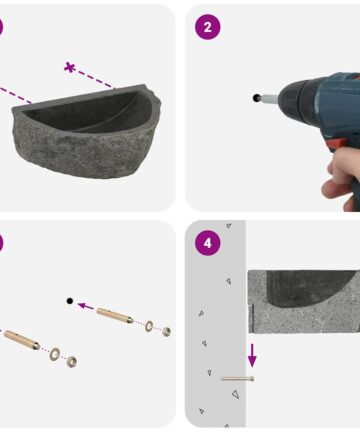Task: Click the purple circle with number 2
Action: (207, 27)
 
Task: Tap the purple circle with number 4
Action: (207, 243)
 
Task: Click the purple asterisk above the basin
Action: (69, 67)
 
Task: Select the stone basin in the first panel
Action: (87, 131)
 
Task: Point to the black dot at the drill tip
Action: (256, 98)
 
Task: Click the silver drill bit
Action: (269, 98)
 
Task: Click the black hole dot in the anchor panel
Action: (70, 301)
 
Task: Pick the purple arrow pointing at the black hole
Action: (86, 306)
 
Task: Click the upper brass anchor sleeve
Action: (115, 316)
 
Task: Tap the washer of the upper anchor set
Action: (149, 326)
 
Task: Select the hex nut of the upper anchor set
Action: (166, 331)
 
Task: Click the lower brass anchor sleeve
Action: (22, 339)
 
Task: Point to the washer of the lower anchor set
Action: (54, 354)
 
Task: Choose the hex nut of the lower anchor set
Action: (71, 361)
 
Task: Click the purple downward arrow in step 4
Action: (252, 355)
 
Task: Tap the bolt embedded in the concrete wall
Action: (237, 378)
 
